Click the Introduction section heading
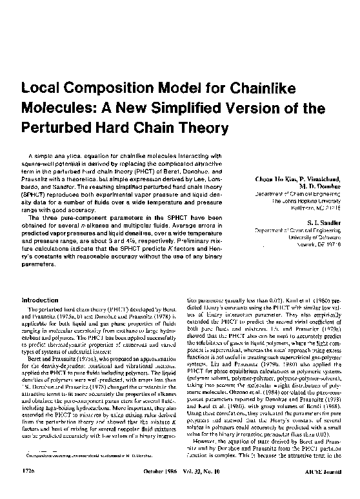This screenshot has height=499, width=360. [40, 300]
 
